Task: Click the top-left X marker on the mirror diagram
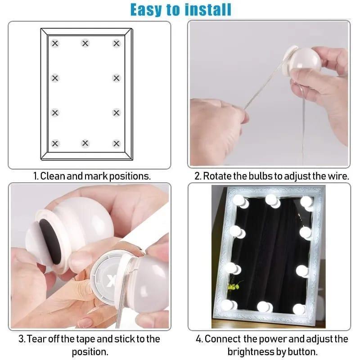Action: [x=55, y=44]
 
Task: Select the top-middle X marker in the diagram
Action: [x=85, y=44]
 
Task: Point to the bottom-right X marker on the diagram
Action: [x=117, y=144]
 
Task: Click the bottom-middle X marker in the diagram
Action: [x=85, y=144]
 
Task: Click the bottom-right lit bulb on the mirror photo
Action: [x=299, y=309]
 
